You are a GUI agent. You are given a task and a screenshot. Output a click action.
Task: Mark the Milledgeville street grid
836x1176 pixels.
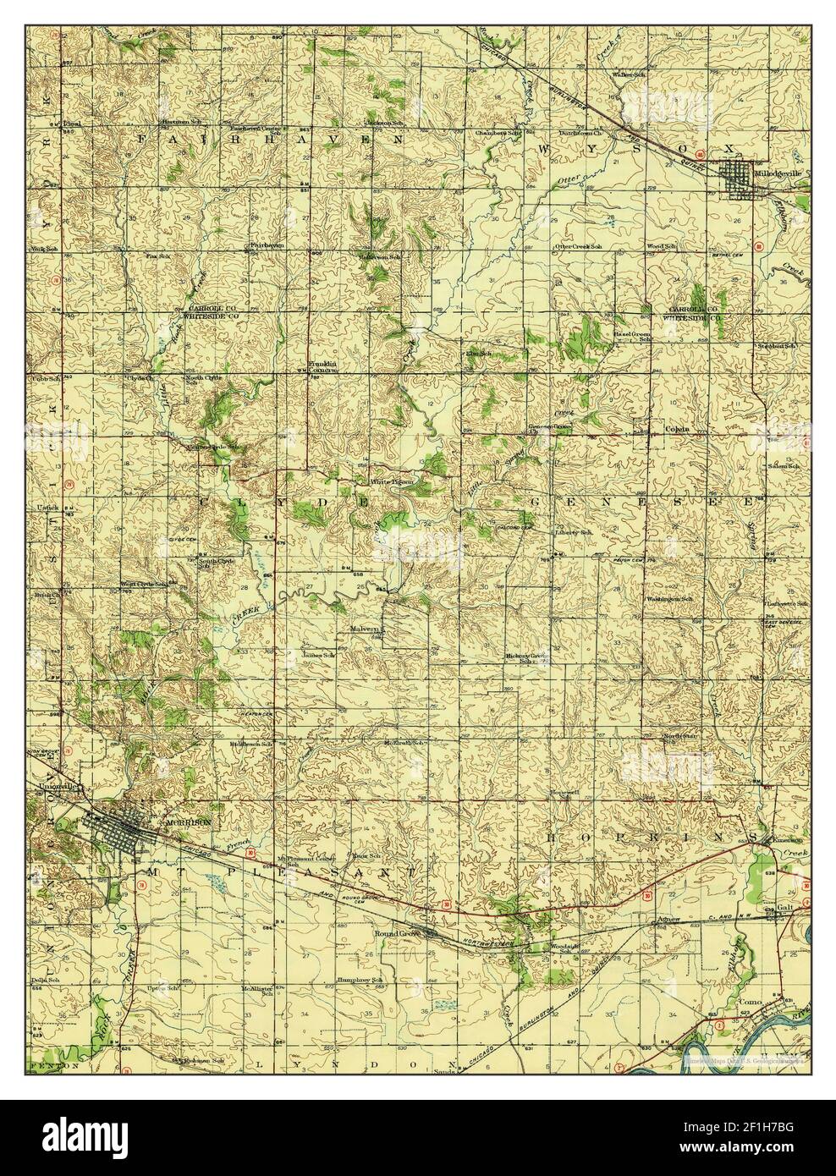tap(741, 179)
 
